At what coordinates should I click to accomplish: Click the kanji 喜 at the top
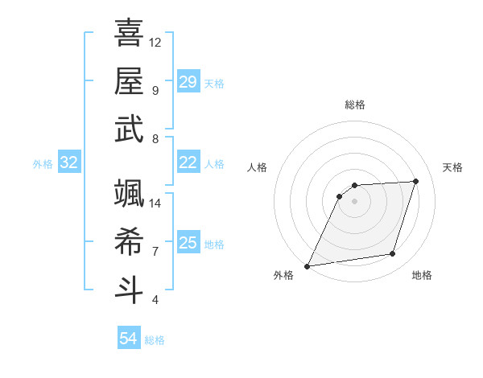click(129, 33)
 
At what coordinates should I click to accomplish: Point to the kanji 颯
click(129, 193)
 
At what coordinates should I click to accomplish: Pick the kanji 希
click(129, 242)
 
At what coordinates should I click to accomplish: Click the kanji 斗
click(129, 290)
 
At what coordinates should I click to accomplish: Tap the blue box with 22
click(188, 162)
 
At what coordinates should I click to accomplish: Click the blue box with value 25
click(188, 243)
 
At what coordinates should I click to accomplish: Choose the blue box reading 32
click(69, 162)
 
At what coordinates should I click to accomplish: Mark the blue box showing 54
click(129, 339)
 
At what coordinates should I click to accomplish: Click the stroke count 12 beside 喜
click(155, 42)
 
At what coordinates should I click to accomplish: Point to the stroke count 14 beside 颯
click(155, 203)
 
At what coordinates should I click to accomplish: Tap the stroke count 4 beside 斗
click(155, 300)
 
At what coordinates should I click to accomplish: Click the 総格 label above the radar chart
click(355, 105)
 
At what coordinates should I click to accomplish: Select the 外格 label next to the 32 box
click(43, 164)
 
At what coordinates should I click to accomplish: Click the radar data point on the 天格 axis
click(416, 181)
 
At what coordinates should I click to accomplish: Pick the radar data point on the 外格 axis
click(307, 266)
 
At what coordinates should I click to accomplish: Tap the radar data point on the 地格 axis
click(393, 254)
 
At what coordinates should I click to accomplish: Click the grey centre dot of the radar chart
click(354, 201)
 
